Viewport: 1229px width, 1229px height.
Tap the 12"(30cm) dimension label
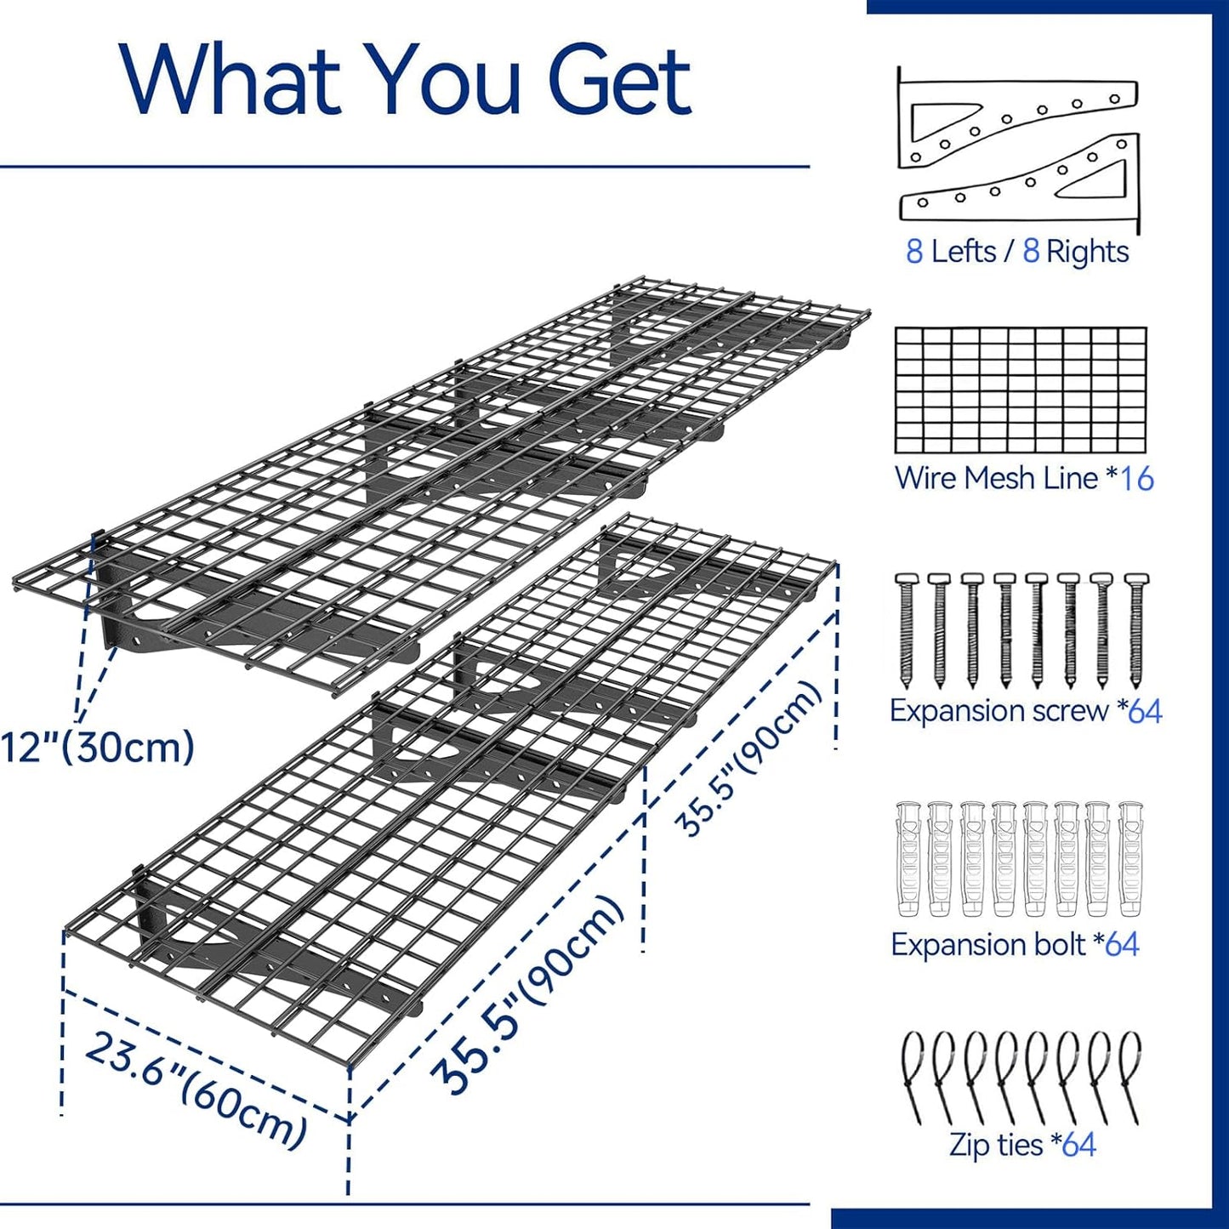98,748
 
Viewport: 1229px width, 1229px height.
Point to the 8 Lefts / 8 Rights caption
1017,252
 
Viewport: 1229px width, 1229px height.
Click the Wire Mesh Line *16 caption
1023,478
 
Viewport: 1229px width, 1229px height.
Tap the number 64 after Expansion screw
1145,711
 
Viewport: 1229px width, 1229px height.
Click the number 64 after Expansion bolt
1122,944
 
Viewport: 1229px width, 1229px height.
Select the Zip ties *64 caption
1022,1145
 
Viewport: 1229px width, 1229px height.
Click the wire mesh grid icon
1021,390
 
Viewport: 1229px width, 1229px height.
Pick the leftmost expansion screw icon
905,630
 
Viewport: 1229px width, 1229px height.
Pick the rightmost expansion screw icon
1135,630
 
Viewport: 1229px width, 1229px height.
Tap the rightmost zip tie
1130,1075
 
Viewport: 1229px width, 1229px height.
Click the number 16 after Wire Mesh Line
1137,479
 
